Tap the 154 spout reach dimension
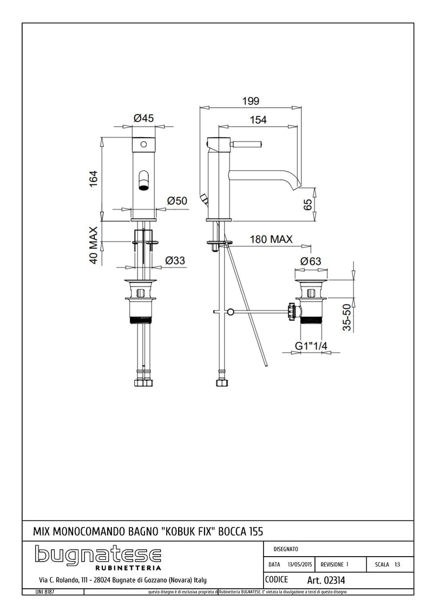(x=258, y=121)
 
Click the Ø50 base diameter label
(x=177, y=201)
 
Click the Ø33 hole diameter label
(x=175, y=260)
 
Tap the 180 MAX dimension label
(x=271, y=239)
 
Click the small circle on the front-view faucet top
(x=144, y=145)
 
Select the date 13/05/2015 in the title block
(x=300, y=564)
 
